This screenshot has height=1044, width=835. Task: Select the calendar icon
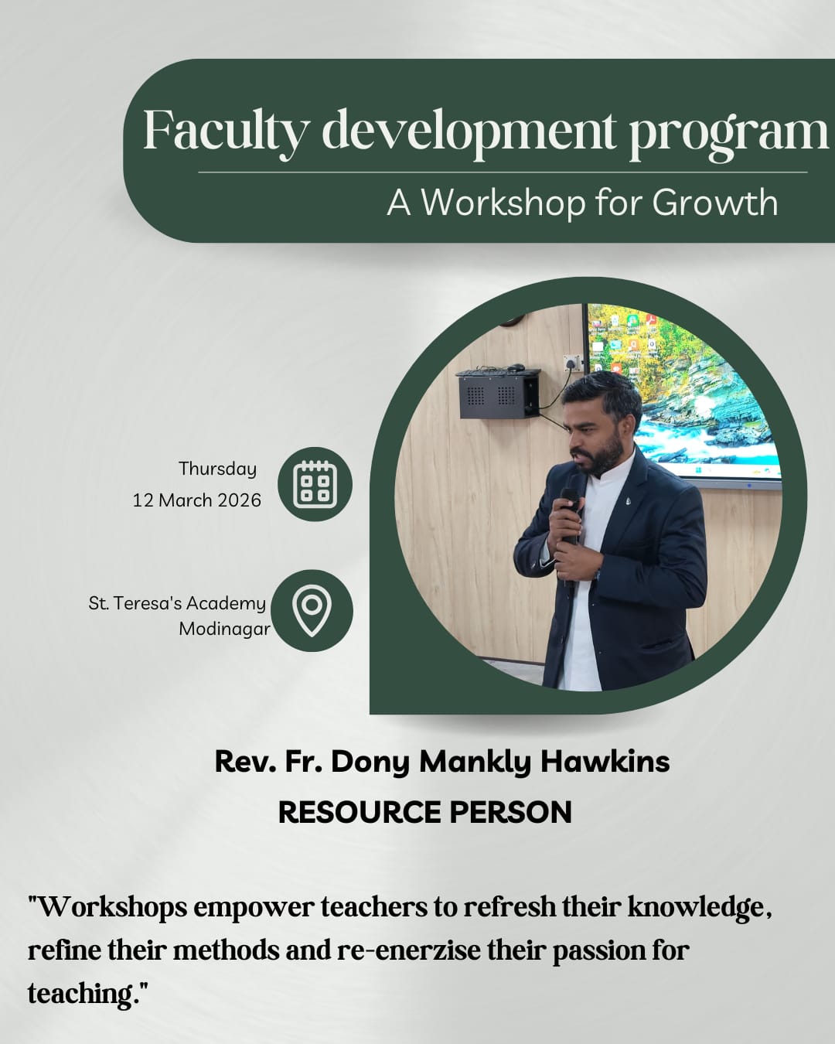coord(315,484)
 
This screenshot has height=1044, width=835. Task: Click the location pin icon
coord(312,610)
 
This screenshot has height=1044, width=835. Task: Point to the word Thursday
coord(217,469)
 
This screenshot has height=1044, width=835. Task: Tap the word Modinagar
coord(225,629)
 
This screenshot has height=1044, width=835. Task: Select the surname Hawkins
coord(605,761)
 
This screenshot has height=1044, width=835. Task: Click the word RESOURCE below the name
coord(360,812)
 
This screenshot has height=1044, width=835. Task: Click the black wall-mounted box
coord(498,394)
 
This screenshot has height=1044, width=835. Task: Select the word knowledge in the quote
coord(699,908)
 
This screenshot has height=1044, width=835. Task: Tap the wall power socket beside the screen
coord(572,363)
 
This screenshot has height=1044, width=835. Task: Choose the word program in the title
coord(728,134)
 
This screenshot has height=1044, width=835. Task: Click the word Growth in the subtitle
coord(714,203)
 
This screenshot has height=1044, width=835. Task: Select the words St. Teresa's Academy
coord(177,603)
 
